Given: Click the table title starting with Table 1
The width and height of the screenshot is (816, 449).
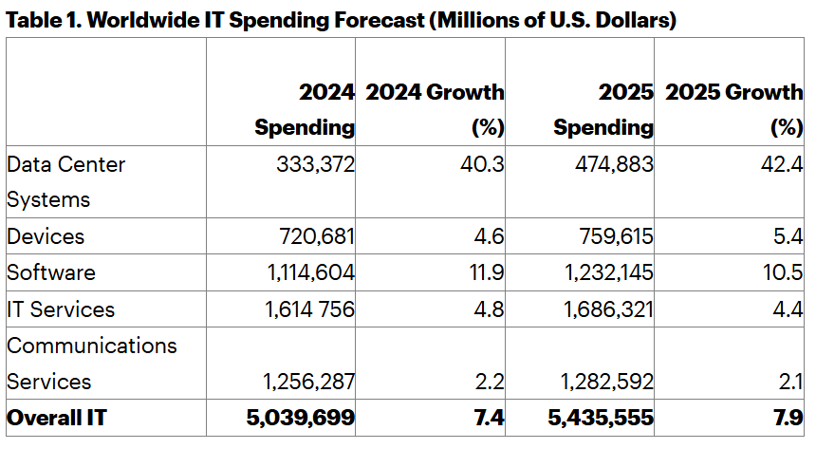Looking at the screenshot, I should [x=341, y=20].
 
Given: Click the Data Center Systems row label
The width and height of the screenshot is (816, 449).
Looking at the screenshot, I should [x=65, y=181].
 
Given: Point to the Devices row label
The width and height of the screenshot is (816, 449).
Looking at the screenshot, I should [x=46, y=236].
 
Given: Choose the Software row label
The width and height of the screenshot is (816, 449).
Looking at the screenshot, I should [x=51, y=272].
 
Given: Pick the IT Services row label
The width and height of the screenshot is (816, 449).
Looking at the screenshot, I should [x=61, y=309].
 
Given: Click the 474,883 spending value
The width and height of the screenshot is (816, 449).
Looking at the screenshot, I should [x=614, y=164].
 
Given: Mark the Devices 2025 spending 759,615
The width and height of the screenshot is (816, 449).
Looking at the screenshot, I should [x=614, y=236].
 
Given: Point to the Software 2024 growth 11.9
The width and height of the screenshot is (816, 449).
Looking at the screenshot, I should [x=485, y=272].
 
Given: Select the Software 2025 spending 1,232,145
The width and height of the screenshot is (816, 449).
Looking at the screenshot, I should [x=604, y=272].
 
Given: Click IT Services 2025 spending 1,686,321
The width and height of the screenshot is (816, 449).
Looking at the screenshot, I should [x=604, y=309].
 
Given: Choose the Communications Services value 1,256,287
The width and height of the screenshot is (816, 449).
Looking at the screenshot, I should [x=308, y=382].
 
